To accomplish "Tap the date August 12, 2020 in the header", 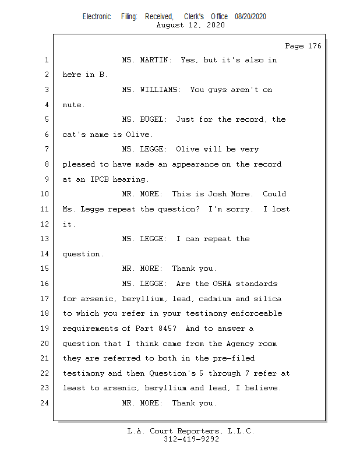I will [x=191, y=25].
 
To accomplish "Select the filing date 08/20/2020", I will [x=250, y=17].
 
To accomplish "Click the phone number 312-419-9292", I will [x=191, y=439].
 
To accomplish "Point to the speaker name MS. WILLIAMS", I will [x=153, y=90].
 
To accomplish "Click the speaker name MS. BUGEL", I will [x=144, y=120].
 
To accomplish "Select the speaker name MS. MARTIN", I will [x=146, y=60].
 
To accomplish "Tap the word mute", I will [x=73, y=105].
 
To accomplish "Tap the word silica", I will [x=268, y=299].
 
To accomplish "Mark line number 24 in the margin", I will [x=45, y=403].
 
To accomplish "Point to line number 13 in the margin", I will [x=45, y=239].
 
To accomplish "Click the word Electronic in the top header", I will [x=97, y=17].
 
